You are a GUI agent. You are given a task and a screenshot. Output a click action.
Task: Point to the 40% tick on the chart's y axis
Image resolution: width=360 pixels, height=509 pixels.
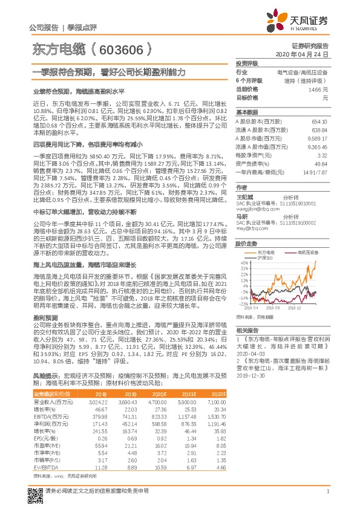243,263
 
